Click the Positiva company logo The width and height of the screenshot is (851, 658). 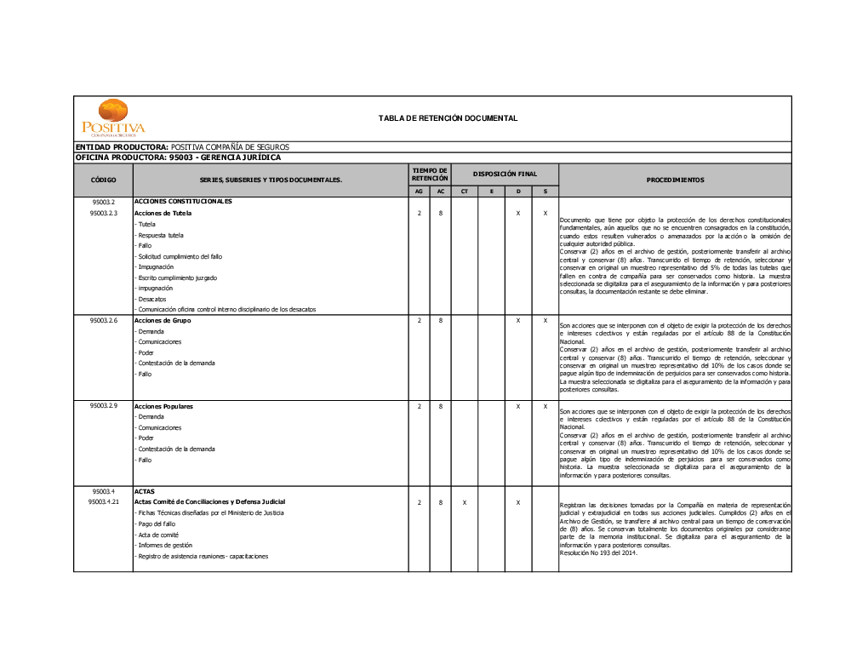pos(113,118)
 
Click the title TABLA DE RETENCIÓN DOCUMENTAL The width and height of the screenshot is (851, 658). pos(448,118)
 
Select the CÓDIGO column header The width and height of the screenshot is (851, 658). pos(103,180)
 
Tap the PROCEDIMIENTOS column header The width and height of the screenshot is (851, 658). pos(675,180)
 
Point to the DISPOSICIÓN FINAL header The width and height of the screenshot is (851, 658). pos(505,174)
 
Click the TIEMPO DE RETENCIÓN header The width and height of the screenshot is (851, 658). pos(430,174)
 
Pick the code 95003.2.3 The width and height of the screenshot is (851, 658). pos(103,213)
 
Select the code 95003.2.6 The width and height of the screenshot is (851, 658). pos(103,320)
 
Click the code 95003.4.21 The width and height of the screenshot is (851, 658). pos(103,502)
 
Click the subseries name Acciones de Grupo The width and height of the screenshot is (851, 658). pos(163,320)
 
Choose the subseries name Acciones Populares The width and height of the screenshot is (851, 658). pos(163,406)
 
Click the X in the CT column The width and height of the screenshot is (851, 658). pos(464,502)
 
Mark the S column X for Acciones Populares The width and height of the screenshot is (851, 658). pos(545,406)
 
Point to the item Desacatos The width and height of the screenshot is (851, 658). pos(152,299)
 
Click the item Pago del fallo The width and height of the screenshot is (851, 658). pos(157,524)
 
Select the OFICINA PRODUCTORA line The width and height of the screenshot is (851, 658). pos(178,157)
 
